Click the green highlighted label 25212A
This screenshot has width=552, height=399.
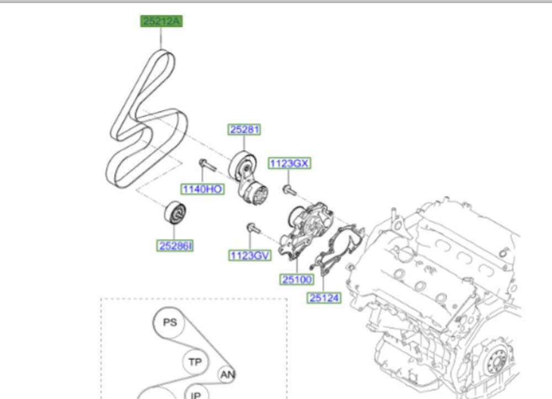coord(161,21)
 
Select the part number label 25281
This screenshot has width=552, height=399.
coord(245,130)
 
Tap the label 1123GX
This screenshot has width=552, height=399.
coord(289,163)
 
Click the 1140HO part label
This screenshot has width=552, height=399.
coord(203,189)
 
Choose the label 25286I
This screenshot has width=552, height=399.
coord(175,246)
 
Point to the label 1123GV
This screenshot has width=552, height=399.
coord(250,255)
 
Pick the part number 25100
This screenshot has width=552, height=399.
coord(297,279)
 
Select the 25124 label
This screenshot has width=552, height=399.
coord(324,298)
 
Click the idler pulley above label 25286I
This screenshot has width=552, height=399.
coord(176,212)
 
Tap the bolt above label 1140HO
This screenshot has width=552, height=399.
coord(207,165)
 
